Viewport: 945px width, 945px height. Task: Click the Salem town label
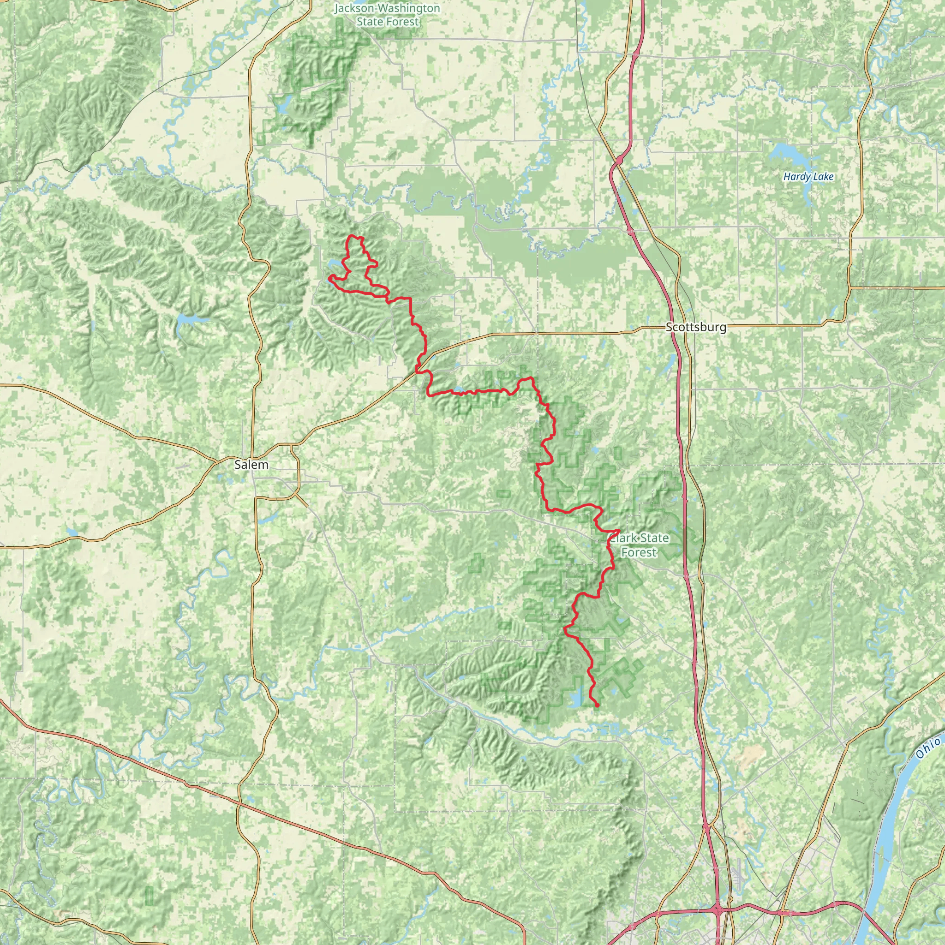tap(251, 465)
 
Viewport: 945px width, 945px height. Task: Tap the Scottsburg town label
tap(696, 327)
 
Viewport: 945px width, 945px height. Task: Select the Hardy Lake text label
tap(808, 177)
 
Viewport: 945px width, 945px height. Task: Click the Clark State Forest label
tap(638, 545)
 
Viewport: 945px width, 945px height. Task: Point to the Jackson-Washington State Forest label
tap(387, 15)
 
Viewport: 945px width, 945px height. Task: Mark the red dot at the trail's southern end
tap(597, 706)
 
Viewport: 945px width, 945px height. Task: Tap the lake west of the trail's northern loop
tap(335, 264)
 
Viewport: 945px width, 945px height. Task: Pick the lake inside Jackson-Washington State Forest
tap(283, 105)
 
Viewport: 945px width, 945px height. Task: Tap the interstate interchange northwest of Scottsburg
tap(619, 160)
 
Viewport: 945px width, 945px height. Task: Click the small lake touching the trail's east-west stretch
tap(459, 390)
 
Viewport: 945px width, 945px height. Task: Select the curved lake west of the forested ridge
tap(188, 320)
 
